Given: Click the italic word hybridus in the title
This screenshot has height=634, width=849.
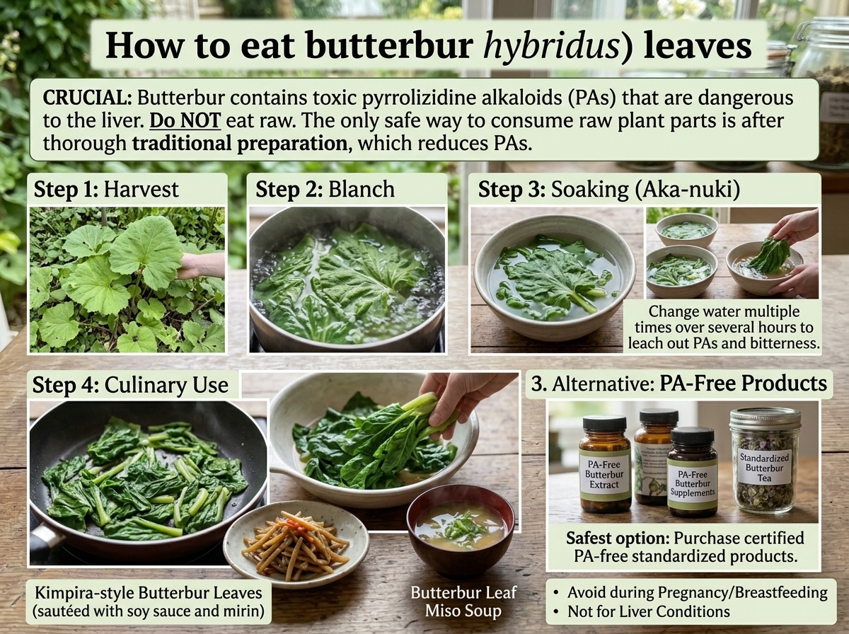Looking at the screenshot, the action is point(552,46).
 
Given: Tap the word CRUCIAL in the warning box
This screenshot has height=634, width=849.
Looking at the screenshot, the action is point(88,98).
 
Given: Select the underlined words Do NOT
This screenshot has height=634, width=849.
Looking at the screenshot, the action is point(185,121).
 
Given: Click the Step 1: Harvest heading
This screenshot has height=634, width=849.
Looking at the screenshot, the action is point(106,190).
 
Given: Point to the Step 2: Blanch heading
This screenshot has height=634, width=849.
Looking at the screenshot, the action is point(325,190).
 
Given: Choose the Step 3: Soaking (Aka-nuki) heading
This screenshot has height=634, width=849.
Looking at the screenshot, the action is point(609,190).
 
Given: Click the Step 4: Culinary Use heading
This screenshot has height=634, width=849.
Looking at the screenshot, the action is point(130,385).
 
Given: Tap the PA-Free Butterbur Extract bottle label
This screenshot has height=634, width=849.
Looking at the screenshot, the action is point(604,474).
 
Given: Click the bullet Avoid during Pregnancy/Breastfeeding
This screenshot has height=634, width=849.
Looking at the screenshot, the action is point(691,593).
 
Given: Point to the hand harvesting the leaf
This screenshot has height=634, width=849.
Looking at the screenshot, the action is point(201,266).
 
